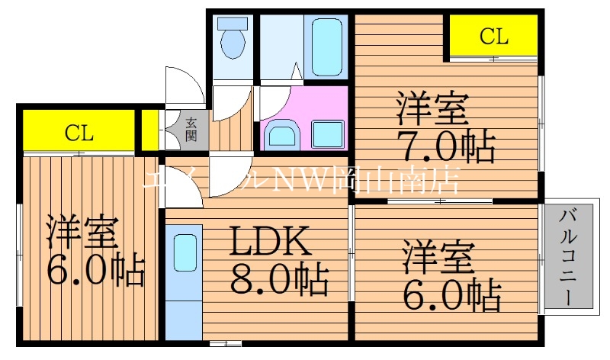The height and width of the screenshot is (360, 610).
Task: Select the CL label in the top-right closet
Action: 493,35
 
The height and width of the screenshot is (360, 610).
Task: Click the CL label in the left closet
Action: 79,133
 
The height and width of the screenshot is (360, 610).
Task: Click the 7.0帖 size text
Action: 445,146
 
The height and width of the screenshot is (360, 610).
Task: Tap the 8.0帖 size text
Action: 279,279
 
